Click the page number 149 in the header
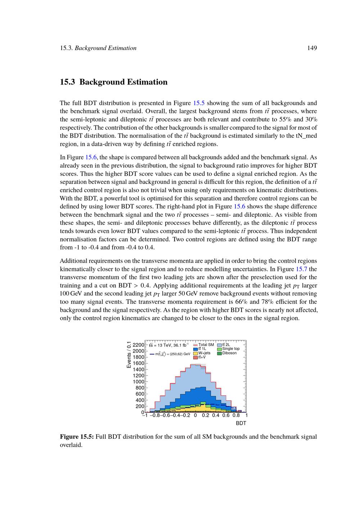point(312,48)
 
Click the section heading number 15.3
point(67,82)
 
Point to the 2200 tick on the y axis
point(139,345)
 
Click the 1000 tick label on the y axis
point(139,382)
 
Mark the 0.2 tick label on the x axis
point(205,415)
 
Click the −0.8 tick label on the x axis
point(155,415)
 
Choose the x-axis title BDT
point(241,423)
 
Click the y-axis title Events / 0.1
point(129,355)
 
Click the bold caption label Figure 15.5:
point(77,437)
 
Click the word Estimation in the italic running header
point(122,48)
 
